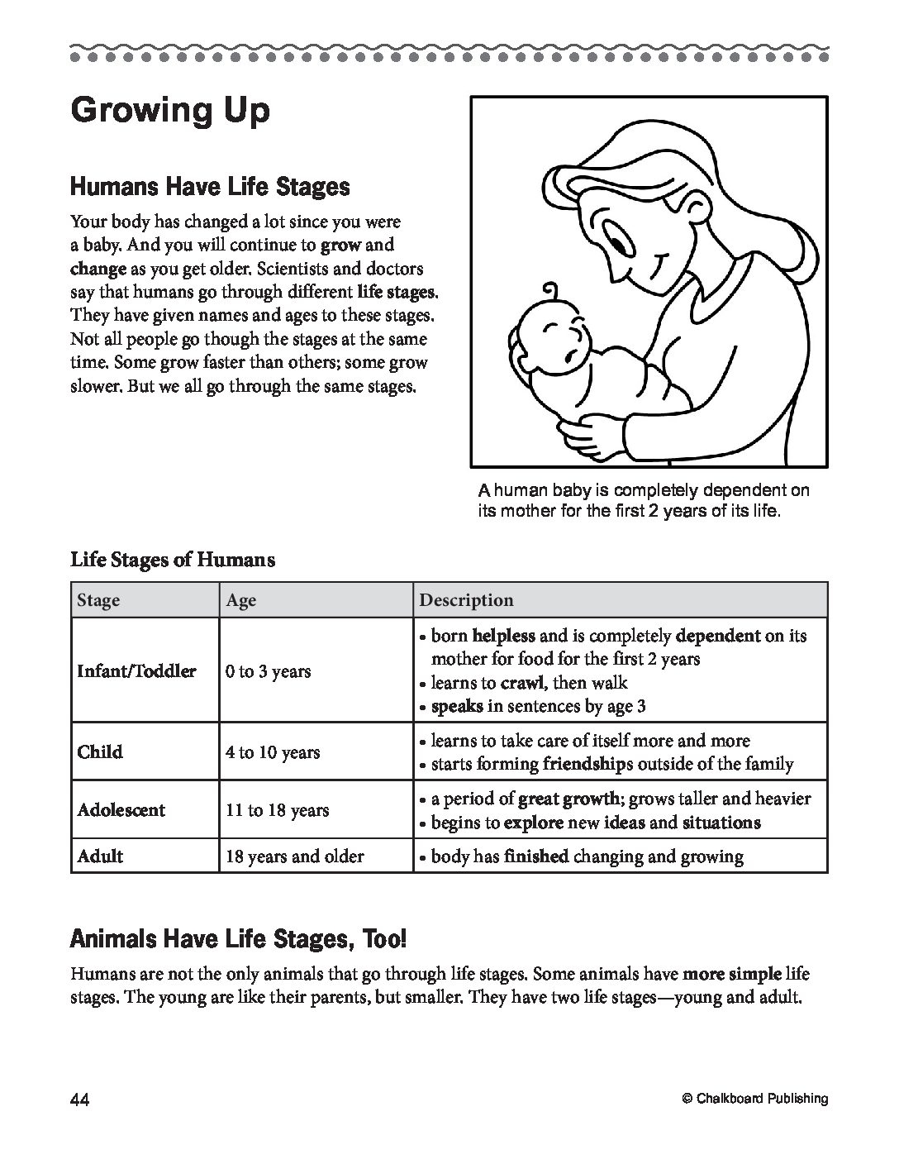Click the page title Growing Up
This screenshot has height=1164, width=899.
(x=170, y=110)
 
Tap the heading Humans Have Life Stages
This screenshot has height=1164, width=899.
(x=210, y=187)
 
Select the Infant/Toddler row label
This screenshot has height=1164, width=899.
(x=136, y=671)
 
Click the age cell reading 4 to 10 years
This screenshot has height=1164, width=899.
(x=273, y=752)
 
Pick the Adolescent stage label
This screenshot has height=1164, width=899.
(x=121, y=810)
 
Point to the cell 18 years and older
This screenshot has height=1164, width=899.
(x=294, y=856)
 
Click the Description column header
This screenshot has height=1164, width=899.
(x=466, y=600)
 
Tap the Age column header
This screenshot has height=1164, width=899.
(x=240, y=600)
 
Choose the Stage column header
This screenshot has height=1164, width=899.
(x=98, y=600)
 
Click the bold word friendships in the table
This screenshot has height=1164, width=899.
(x=587, y=764)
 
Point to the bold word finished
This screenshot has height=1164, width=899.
(x=536, y=856)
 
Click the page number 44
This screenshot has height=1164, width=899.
(x=80, y=1099)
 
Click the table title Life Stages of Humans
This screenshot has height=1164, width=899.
(x=173, y=560)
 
